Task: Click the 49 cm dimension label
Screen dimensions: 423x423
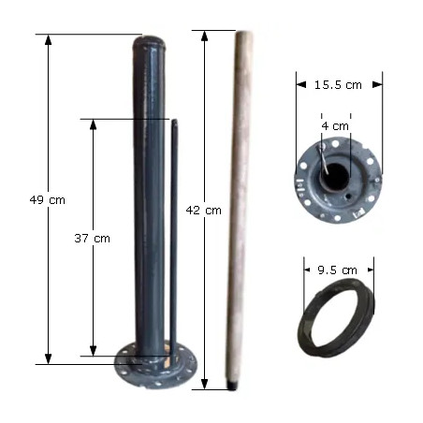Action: coord(48,200)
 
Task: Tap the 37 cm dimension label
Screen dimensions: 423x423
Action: coord(93,239)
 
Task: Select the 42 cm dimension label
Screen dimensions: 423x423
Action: coord(203,211)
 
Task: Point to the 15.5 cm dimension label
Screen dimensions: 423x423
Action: coord(338,85)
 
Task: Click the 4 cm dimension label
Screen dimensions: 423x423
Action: coord(335,126)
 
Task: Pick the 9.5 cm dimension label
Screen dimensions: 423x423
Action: coord(337,270)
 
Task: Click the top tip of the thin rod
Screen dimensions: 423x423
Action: coord(174,121)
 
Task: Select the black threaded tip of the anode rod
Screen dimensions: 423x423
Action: coord(232,386)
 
